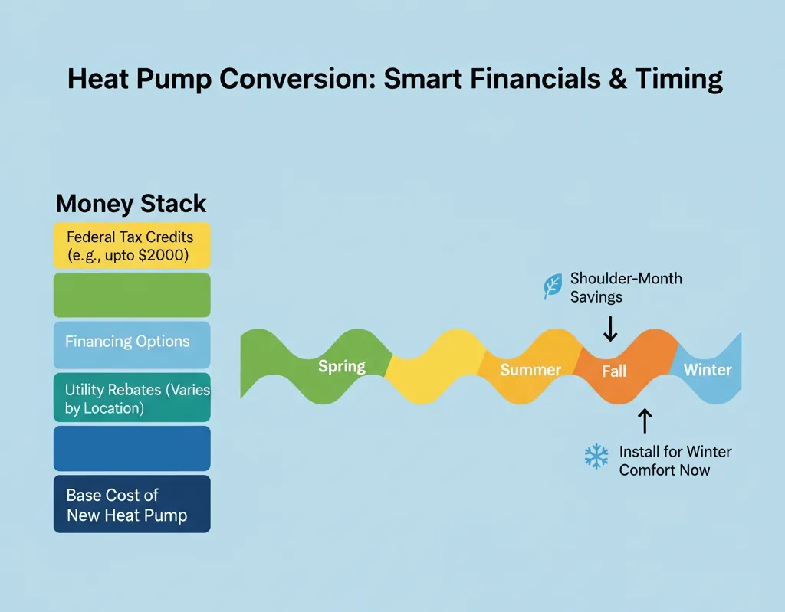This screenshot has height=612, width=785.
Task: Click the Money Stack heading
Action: pos(131,204)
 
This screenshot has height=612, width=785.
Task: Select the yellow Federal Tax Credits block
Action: pos(132,245)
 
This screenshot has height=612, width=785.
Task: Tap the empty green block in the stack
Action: pos(132,295)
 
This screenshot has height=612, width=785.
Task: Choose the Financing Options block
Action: pos(132,342)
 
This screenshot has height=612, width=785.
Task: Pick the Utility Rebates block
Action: pos(132,398)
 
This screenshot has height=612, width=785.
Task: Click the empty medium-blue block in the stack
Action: pos(132,448)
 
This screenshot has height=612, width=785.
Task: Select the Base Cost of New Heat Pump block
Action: pos(132,504)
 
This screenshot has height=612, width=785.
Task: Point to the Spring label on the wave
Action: pos(342,366)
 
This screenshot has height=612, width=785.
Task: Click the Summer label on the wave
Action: pos(530,370)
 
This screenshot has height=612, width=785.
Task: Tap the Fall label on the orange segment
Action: pos(613,371)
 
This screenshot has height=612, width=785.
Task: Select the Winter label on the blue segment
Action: pos(707,370)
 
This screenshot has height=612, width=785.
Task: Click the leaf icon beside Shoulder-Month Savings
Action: pos(552,286)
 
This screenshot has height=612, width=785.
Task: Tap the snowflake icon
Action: pos(596,457)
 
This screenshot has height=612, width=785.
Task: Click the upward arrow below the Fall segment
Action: pos(644,420)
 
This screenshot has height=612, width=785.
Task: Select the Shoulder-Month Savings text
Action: pos(626,287)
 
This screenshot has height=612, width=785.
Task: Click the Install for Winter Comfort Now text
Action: pos(675,460)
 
